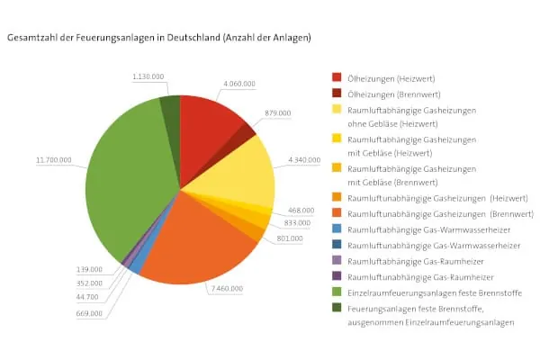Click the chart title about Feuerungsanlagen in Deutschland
tap(159, 39)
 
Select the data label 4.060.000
tap(239, 83)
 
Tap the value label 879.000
tap(278, 113)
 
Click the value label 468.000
tap(300, 210)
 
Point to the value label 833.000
tap(297, 222)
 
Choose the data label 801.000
tap(290, 238)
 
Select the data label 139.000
tap(89, 269)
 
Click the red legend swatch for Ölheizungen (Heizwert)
tap(337, 77)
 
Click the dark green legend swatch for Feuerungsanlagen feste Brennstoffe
tap(337, 307)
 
